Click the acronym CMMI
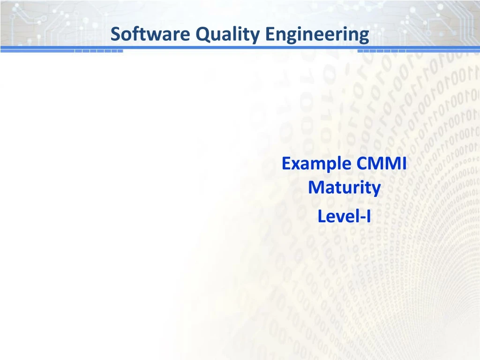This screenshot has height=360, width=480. [x=381, y=164]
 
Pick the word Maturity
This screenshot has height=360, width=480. [x=344, y=188]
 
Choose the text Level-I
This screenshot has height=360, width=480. [x=344, y=217]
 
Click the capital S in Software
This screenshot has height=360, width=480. [x=115, y=34]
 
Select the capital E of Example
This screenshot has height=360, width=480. [x=285, y=164]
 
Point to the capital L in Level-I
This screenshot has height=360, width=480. [x=321, y=217]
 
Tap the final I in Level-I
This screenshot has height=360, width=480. [x=368, y=217]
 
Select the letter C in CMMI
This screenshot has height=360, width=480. [x=362, y=164]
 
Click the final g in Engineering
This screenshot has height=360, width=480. [x=364, y=36]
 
